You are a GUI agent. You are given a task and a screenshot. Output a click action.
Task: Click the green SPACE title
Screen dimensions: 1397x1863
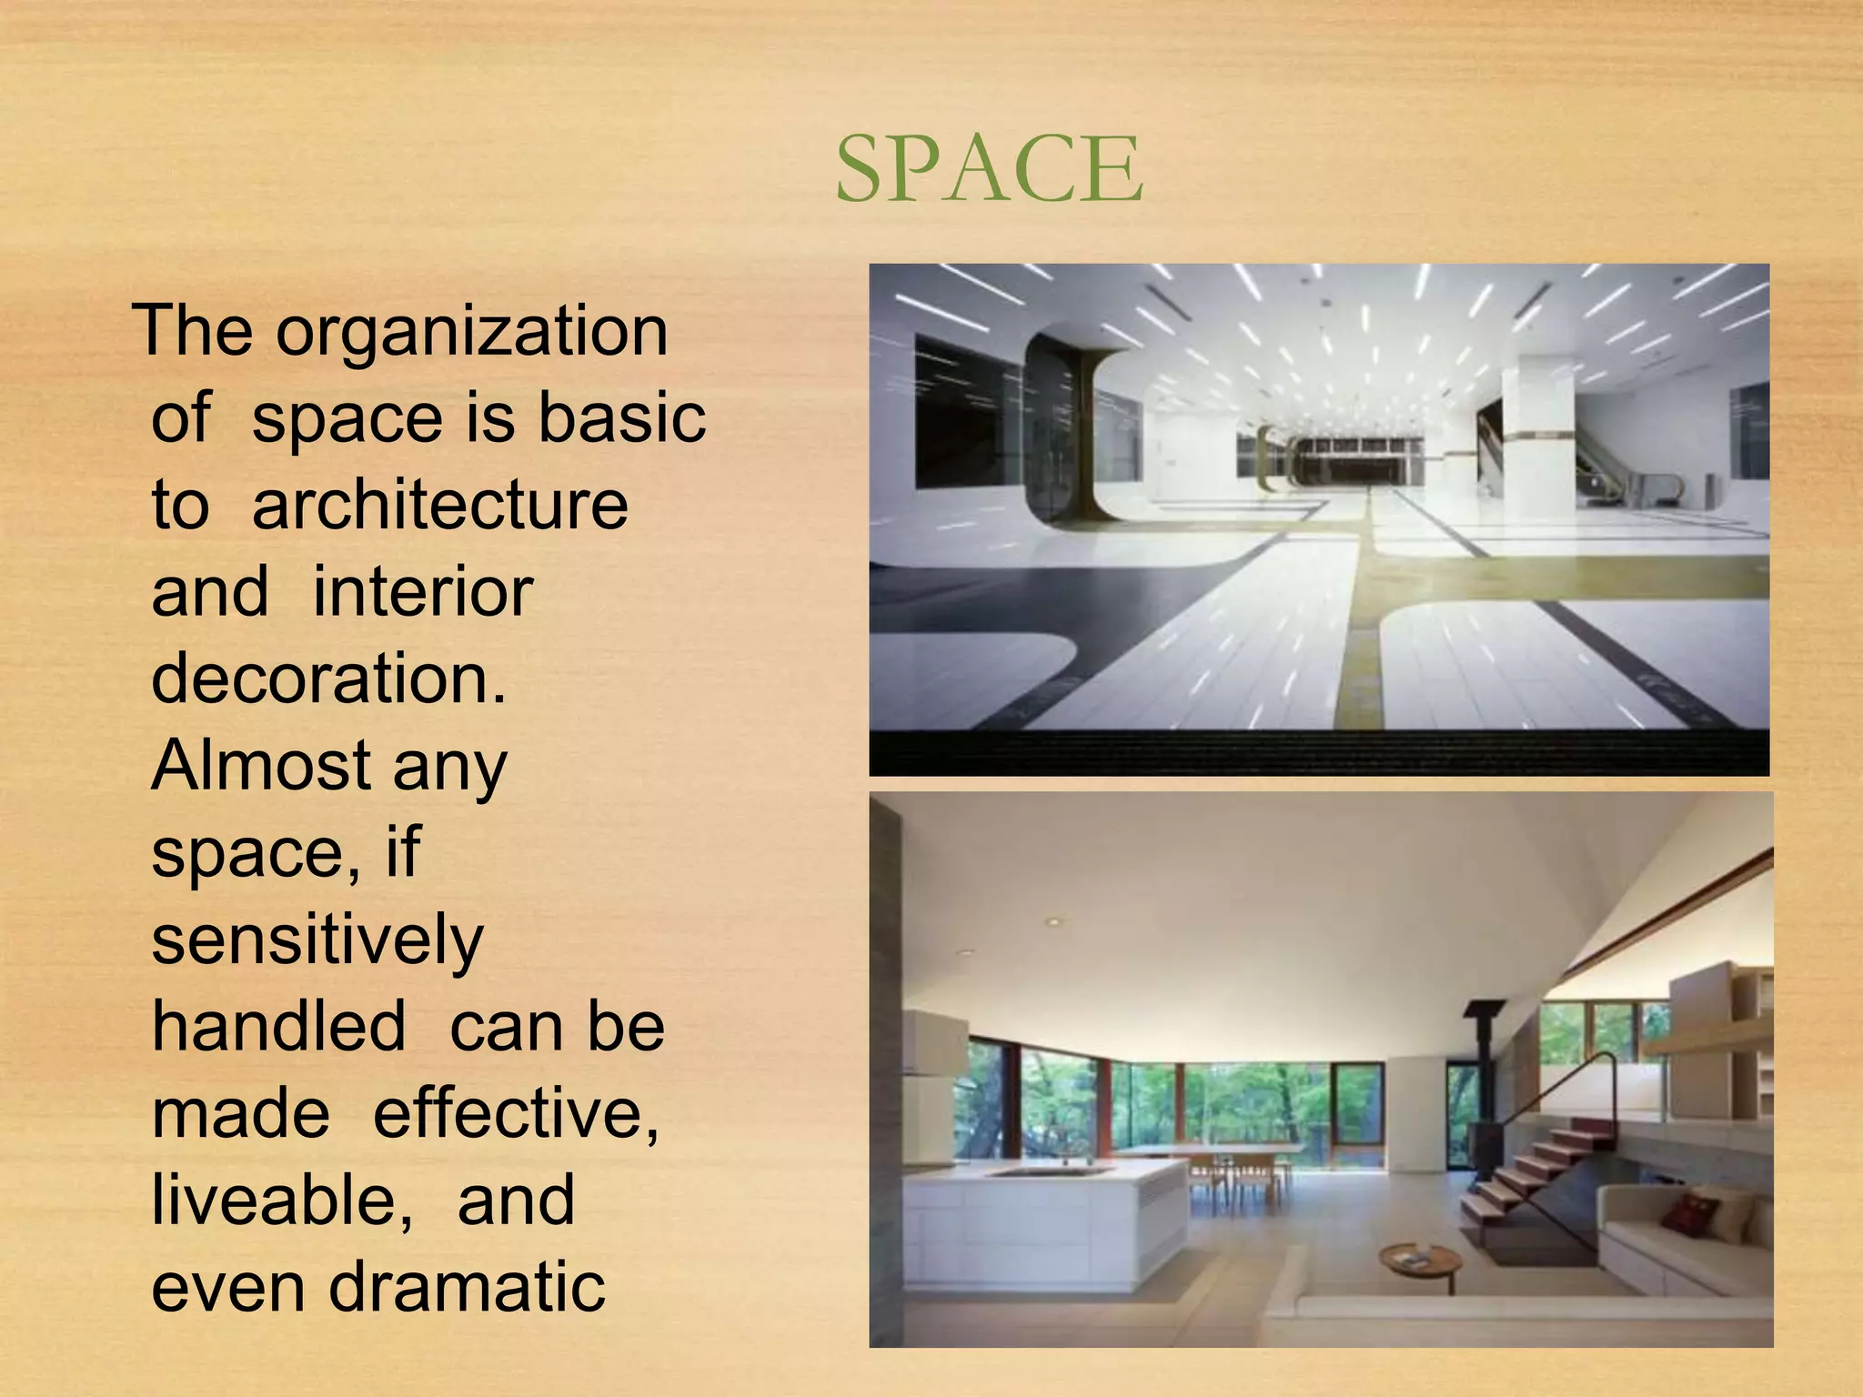pos(989,169)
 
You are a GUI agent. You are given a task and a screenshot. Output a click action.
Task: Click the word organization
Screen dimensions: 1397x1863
pos(472,331)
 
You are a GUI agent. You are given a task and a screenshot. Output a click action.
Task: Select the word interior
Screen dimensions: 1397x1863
pos(422,592)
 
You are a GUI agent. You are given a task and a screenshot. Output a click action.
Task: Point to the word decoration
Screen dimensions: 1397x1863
pos(327,678)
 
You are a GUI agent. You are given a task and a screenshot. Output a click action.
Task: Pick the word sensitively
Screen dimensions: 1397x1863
pos(317,940)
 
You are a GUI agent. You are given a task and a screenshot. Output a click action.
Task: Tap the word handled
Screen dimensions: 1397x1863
pos(278,1027)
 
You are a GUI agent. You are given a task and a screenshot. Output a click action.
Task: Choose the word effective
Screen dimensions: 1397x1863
pos(515,1113)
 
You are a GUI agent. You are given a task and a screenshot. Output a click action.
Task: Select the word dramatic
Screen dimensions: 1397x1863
pos(467,1287)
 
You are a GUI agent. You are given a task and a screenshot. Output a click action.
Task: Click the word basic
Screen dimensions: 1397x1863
pos(621,417)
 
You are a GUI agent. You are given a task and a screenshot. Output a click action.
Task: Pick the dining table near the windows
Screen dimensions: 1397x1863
pos(1210,1153)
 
